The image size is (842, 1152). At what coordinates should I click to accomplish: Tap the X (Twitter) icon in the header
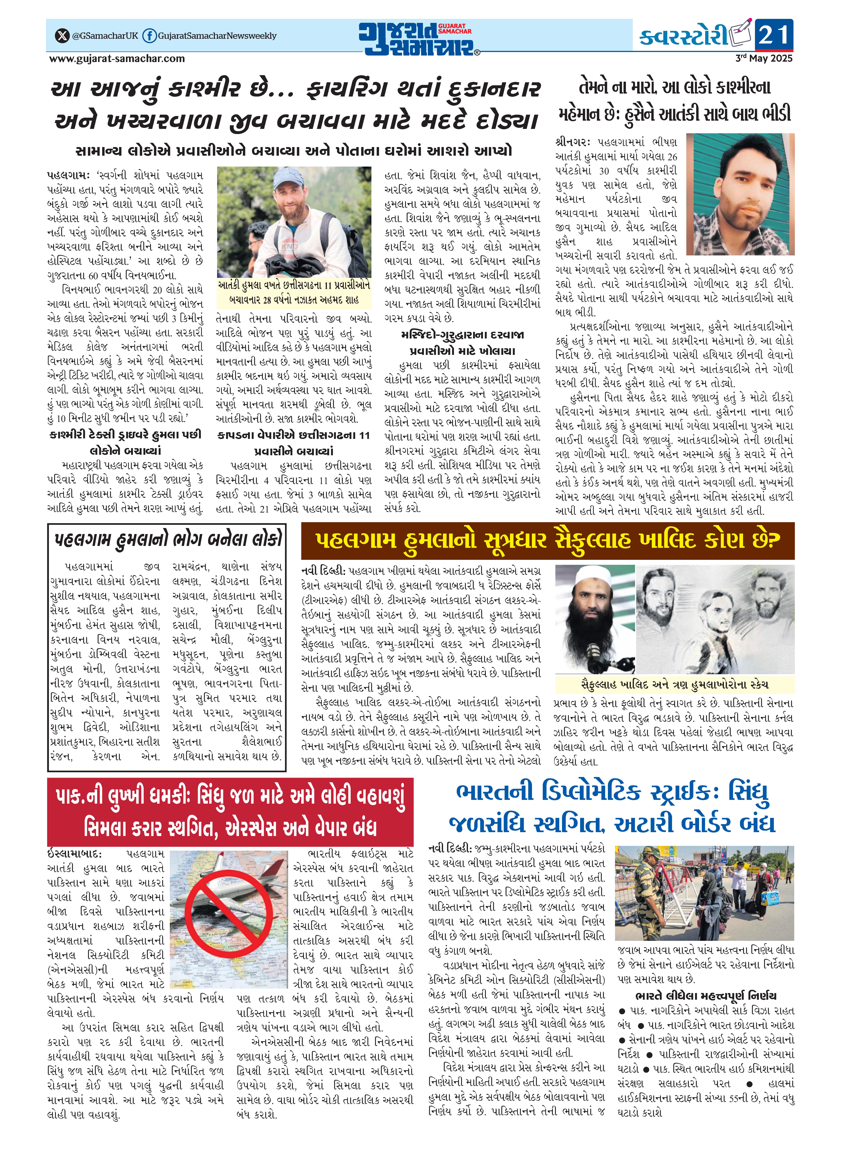point(62,36)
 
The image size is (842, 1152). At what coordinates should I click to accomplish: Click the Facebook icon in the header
point(149,36)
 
